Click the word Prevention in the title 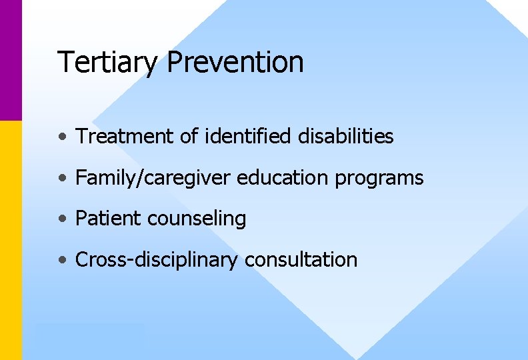pos(235,62)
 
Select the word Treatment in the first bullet pos(126,137)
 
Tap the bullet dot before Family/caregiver pos(62,179)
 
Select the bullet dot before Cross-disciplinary pos(62,260)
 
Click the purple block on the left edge pos(11,60)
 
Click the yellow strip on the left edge pos(11,240)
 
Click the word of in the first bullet pos(190,137)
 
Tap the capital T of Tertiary pos(65,62)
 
